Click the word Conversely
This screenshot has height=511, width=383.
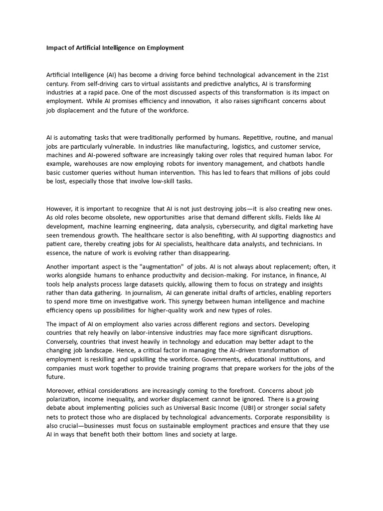coord(63,341)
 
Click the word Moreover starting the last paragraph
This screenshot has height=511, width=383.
coord(62,390)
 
